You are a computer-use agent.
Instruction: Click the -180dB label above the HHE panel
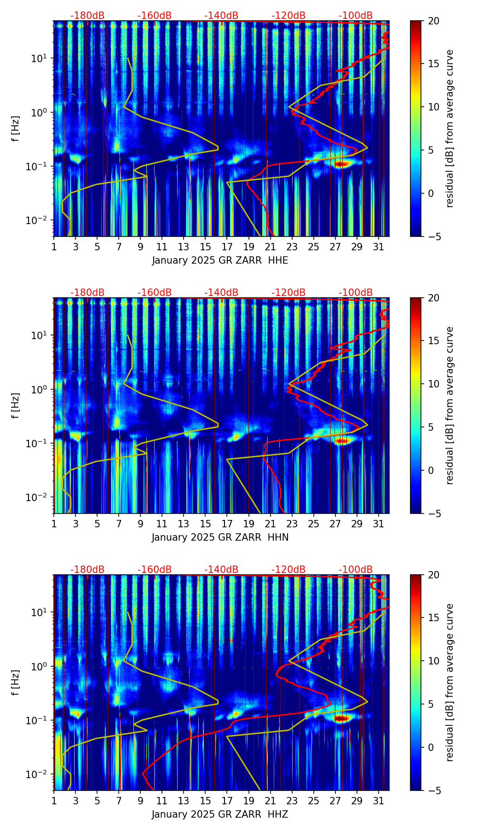[x=87, y=16]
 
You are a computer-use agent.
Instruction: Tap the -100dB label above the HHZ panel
[x=356, y=570]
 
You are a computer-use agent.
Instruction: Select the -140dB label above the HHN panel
[x=221, y=293]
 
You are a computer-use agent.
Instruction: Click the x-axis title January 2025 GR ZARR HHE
[x=220, y=260]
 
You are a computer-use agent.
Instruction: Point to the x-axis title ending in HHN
[x=220, y=537]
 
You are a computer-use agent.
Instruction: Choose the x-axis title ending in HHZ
[x=220, y=814]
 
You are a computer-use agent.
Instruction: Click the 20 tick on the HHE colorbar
[x=433, y=21]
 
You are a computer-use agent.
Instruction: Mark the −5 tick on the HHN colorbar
[x=433, y=513]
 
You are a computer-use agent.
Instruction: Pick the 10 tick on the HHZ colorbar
[x=433, y=661]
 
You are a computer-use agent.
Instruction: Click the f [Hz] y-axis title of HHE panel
[x=16, y=128]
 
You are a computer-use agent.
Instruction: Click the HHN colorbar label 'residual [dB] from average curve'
[x=450, y=405]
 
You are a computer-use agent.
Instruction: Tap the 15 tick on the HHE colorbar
[x=433, y=64]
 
